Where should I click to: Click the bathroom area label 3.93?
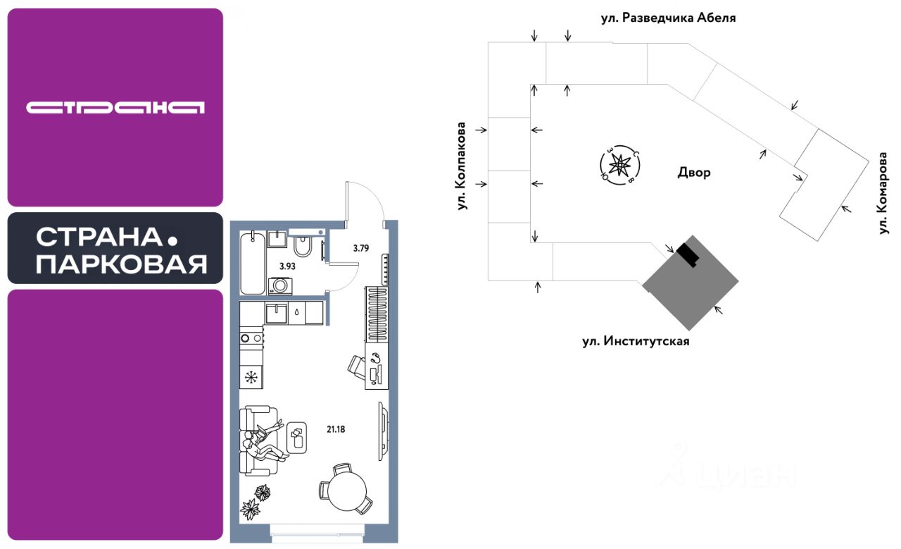[x=287, y=266]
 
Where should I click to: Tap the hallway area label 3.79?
[x=361, y=248]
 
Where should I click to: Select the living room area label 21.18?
[x=336, y=429]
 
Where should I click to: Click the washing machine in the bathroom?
[x=279, y=285]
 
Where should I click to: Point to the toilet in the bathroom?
[x=302, y=246]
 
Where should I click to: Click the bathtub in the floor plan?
[x=253, y=263]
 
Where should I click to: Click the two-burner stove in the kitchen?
[x=251, y=338]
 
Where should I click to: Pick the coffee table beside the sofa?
[x=297, y=438]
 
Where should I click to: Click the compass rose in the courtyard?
[x=620, y=165]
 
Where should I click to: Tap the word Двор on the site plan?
[x=694, y=173]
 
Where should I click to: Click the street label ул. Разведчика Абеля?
[x=668, y=18]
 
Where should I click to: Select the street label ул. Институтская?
[x=636, y=341]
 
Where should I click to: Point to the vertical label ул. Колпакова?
[x=462, y=166]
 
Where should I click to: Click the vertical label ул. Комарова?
[x=883, y=193]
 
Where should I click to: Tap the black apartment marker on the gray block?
[x=688, y=255]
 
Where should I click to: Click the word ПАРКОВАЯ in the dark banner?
[x=122, y=264]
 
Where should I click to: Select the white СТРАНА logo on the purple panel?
[x=115, y=108]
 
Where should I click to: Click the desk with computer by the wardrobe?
[x=377, y=365]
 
